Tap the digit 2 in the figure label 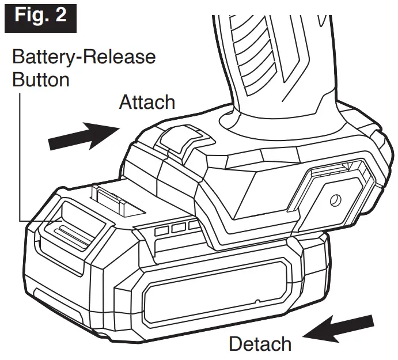click(x=59, y=15)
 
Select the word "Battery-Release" click(x=84, y=57)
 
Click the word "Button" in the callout click(x=41, y=79)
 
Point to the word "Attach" click(x=147, y=103)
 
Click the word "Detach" click(x=260, y=344)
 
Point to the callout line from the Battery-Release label click(x=21, y=161)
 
